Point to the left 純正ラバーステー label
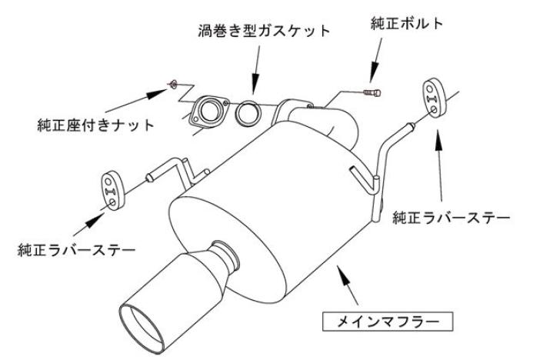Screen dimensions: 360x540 pos(77,250)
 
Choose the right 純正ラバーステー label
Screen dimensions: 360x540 pos(451,218)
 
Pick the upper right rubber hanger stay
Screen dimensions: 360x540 pos(432,98)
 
